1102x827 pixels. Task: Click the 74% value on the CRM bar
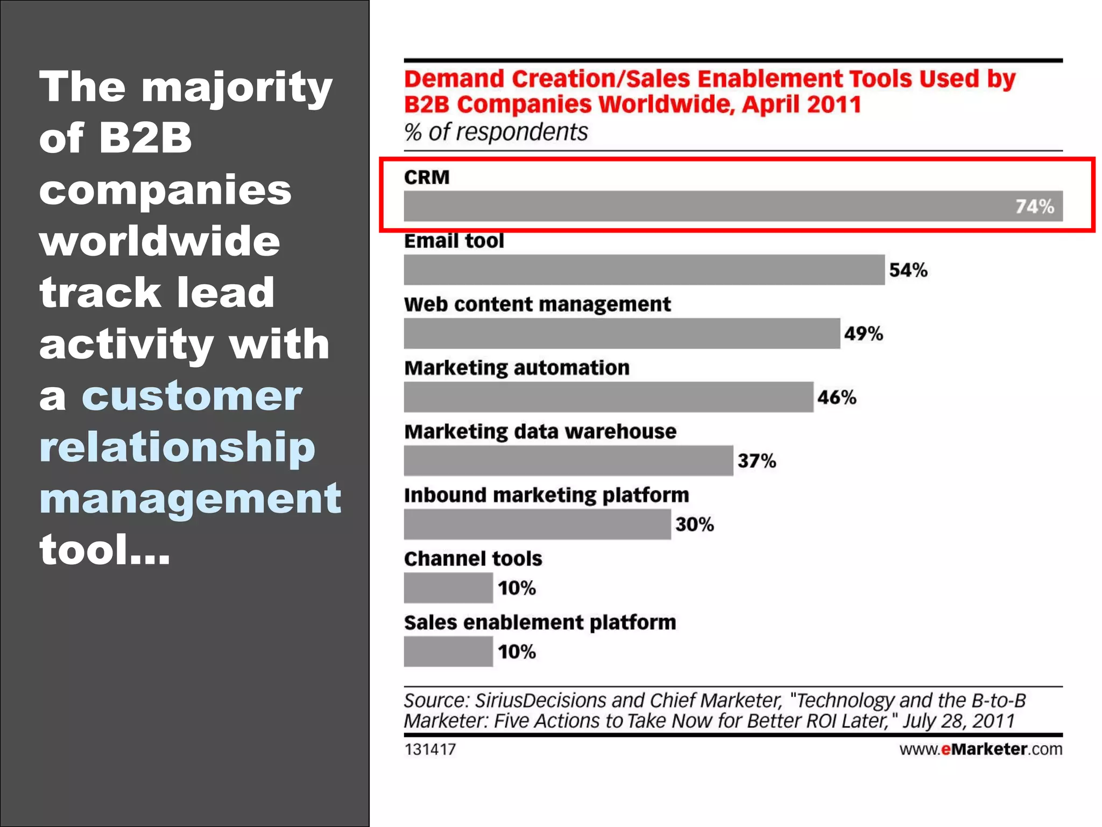click(1034, 206)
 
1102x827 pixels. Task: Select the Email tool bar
click(644, 270)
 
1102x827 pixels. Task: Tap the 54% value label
click(908, 270)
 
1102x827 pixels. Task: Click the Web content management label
click(537, 304)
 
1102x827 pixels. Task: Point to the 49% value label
click(863, 333)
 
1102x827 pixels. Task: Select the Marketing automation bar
click(608, 397)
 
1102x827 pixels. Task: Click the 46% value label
click(836, 397)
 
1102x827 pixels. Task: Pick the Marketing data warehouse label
click(540, 431)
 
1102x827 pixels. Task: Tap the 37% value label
click(756, 461)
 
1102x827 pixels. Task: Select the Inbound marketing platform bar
click(537, 524)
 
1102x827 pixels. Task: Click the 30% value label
click(694, 524)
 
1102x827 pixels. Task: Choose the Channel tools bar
click(448, 588)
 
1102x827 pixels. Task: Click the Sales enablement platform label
click(540, 622)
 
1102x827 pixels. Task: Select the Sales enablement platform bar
click(448, 651)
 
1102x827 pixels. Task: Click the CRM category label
click(426, 177)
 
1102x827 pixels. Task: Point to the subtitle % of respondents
click(496, 132)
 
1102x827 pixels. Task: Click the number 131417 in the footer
click(429, 749)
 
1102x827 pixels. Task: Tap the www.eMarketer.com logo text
click(980, 749)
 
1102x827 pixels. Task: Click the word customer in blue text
click(192, 396)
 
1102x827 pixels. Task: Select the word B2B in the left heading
click(145, 137)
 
